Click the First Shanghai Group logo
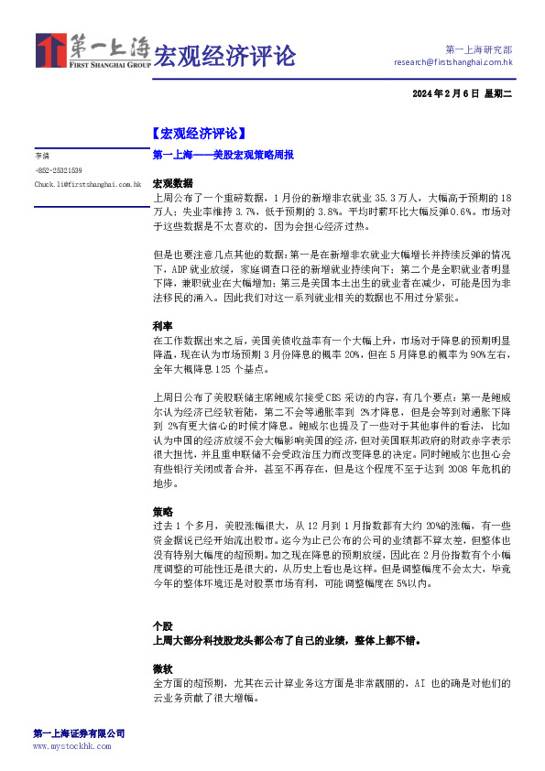click(x=92, y=52)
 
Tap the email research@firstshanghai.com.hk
click(x=452, y=62)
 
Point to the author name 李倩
click(x=42, y=157)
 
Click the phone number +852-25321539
click(x=59, y=170)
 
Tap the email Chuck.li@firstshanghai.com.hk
click(x=88, y=184)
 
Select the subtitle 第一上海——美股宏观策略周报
click(x=223, y=156)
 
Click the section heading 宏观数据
click(x=172, y=183)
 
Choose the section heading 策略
click(x=162, y=511)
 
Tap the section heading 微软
click(x=162, y=668)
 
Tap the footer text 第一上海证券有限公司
click(x=79, y=733)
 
